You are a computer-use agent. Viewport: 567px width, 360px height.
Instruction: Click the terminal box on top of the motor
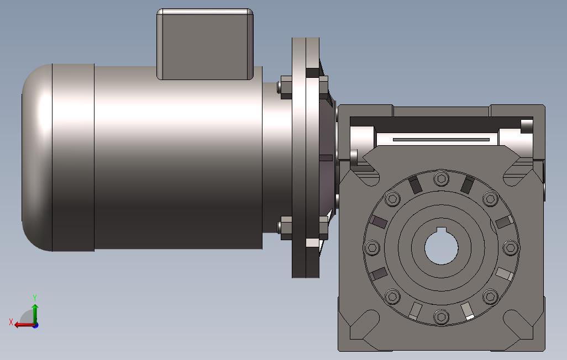click(x=204, y=44)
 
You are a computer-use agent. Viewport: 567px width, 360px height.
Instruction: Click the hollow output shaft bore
click(x=441, y=247)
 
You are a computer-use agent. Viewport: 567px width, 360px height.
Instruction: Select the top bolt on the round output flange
click(x=441, y=178)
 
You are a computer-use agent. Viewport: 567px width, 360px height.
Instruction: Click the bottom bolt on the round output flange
click(x=441, y=317)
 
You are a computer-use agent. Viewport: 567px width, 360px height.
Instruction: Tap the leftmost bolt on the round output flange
click(x=372, y=247)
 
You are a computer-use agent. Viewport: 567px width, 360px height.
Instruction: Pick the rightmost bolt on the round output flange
click(x=511, y=247)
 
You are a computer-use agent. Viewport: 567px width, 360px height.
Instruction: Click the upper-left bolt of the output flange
click(x=392, y=198)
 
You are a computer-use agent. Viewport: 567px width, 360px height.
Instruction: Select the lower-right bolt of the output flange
click(x=490, y=297)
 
